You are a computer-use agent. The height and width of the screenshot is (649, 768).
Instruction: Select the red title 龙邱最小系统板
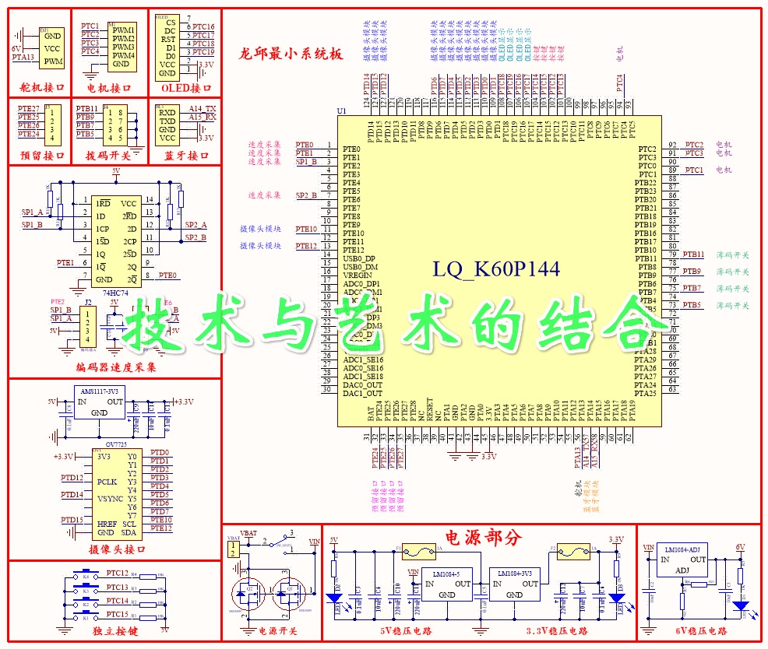(x=291, y=54)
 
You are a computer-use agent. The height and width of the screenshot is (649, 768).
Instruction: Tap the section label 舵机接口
(x=40, y=88)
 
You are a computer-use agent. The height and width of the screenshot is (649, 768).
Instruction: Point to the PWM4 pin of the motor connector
(x=123, y=56)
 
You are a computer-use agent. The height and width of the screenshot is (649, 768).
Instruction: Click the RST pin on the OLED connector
(x=167, y=39)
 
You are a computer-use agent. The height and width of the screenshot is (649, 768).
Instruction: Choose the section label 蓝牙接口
(x=185, y=156)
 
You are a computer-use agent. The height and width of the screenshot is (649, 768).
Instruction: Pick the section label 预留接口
(x=40, y=156)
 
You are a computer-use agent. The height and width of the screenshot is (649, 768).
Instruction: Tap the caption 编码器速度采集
(x=116, y=367)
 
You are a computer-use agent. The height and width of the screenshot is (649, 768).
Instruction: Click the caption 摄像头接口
(x=116, y=549)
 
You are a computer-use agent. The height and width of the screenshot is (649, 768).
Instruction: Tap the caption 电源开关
(x=278, y=631)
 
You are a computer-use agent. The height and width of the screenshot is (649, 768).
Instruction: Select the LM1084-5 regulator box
(x=446, y=584)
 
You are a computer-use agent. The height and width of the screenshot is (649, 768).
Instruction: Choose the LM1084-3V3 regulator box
(x=515, y=584)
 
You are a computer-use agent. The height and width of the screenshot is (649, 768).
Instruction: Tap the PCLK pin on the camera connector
(x=107, y=482)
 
